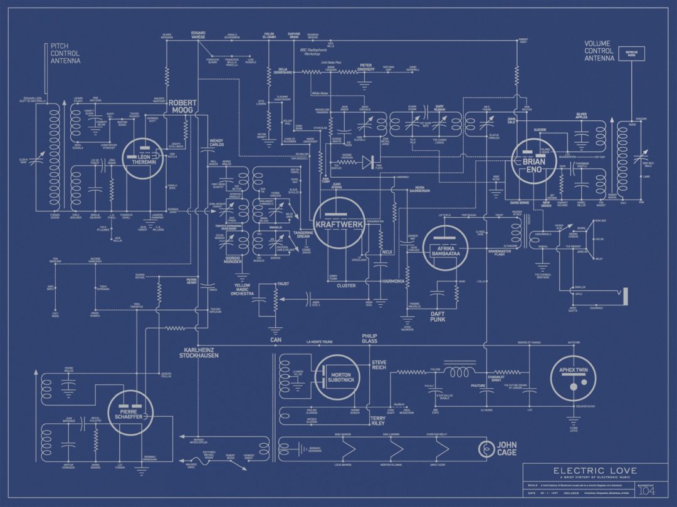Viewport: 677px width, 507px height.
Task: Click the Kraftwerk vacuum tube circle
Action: (339, 223)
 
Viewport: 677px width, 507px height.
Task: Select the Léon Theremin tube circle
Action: (144, 158)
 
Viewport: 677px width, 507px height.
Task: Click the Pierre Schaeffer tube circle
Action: (130, 412)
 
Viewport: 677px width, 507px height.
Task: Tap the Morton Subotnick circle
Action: (339, 377)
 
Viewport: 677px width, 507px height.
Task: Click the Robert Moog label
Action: (182, 106)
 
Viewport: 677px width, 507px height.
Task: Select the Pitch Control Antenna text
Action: (65, 54)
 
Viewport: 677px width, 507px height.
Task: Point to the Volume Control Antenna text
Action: (599, 51)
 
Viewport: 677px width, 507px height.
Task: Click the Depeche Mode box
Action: (631, 54)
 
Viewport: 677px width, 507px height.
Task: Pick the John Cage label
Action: (506, 449)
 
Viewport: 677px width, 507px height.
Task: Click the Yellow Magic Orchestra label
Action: (243, 290)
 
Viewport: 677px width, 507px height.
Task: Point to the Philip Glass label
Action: (370, 339)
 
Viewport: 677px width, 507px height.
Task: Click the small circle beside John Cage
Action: (485, 448)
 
